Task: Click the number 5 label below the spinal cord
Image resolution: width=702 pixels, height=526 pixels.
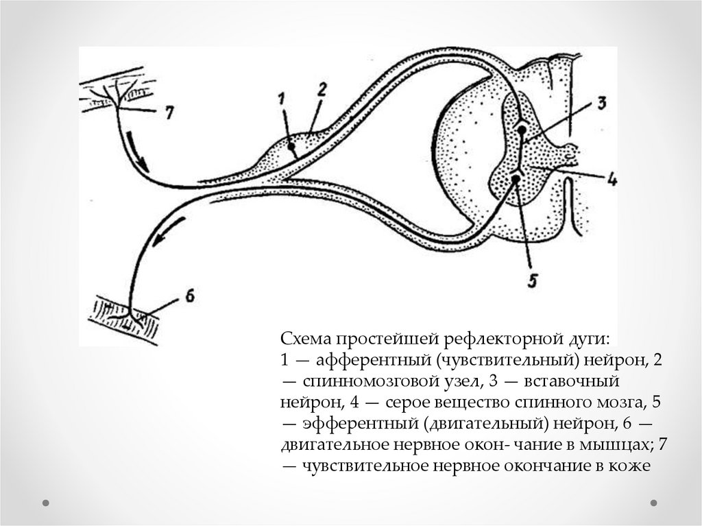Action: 533,280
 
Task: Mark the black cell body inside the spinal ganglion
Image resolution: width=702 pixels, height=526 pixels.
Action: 292,145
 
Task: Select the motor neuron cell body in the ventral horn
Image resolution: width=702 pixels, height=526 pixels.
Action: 516,178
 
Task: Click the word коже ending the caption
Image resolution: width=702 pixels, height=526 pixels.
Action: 628,465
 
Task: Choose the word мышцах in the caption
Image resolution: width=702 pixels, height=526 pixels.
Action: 620,444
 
